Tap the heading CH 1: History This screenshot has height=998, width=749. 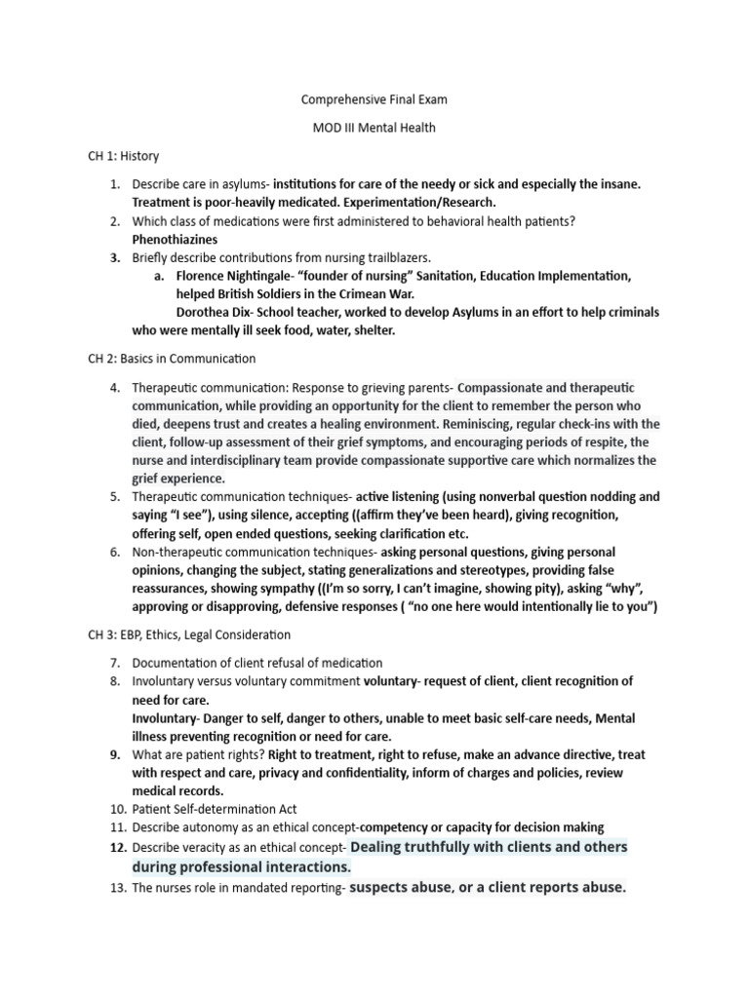[x=123, y=156]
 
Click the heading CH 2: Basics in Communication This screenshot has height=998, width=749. [x=172, y=359]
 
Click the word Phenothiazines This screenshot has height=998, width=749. [x=175, y=239]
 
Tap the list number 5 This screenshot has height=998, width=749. [x=114, y=497]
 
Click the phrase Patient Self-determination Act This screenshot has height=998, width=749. [x=215, y=809]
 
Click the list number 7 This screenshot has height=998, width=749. [x=114, y=663]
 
